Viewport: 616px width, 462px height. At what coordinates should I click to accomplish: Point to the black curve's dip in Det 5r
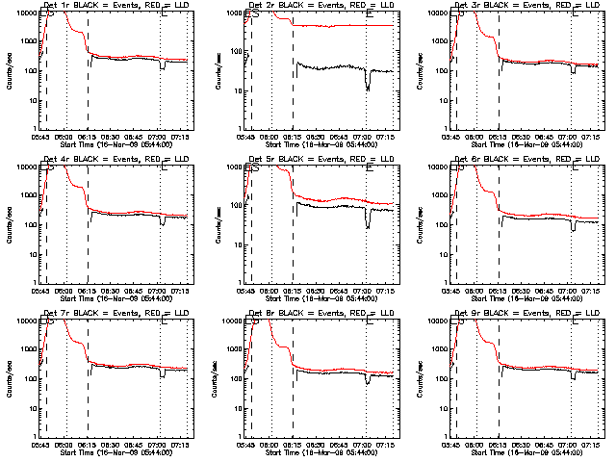(368, 225)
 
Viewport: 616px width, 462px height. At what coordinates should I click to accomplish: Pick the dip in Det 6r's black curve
(574, 228)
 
